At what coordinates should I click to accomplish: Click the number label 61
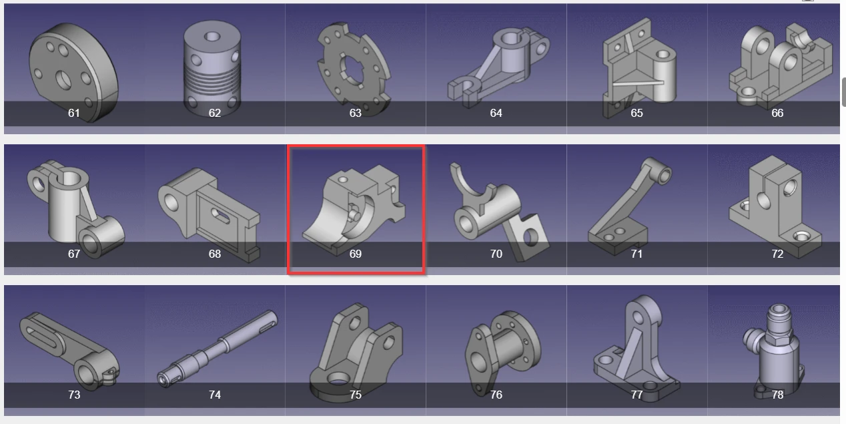point(74,113)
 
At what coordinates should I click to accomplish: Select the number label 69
point(356,254)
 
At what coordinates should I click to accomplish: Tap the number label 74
point(215,395)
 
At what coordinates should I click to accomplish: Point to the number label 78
point(777,395)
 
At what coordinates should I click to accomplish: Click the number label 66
point(777,113)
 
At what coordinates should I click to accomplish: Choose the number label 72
point(777,254)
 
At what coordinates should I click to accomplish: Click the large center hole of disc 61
point(63,80)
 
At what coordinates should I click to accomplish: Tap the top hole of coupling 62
point(212,37)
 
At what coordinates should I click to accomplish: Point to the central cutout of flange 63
point(353,70)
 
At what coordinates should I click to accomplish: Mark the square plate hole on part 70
point(530,238)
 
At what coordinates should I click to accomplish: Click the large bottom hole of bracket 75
point(339,379)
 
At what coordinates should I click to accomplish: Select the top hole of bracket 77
point(639,317)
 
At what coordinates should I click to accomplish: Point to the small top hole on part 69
point(342,180)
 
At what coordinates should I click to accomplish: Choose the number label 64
point(496,113)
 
